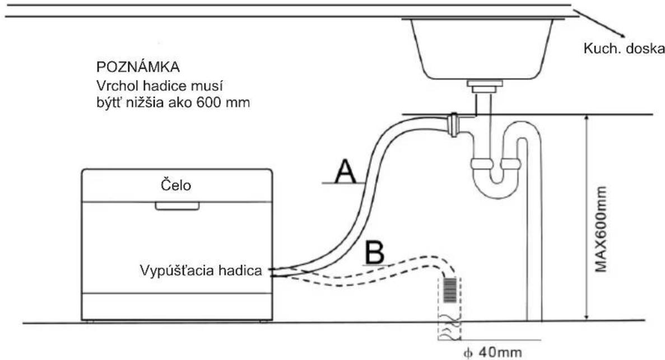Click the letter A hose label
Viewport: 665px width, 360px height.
(x=345, y=171)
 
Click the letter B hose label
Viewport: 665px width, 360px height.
(x=375, y=253)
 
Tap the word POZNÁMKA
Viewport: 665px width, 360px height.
(x=138, y=67)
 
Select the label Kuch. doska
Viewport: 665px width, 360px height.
(x=624, y=49)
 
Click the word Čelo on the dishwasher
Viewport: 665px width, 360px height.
(x=176, y=185)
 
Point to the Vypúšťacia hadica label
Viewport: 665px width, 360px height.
(x=201, y=270)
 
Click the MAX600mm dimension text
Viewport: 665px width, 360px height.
(x=601, y=229)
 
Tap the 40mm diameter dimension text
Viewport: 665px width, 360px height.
(x=492, y=352)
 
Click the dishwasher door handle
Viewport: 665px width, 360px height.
(x=177, y=206)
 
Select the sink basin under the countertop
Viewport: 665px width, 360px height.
(x=481, y=49)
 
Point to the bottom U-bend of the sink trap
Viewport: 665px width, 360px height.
(x=496, y=186)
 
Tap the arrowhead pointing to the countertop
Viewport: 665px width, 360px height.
(x=621, y=36)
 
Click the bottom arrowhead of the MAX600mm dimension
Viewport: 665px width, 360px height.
(x=587, y=316)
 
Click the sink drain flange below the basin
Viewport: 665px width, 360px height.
(x=485, y=86)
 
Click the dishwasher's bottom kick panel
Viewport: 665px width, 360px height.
(x=177, y=306)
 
